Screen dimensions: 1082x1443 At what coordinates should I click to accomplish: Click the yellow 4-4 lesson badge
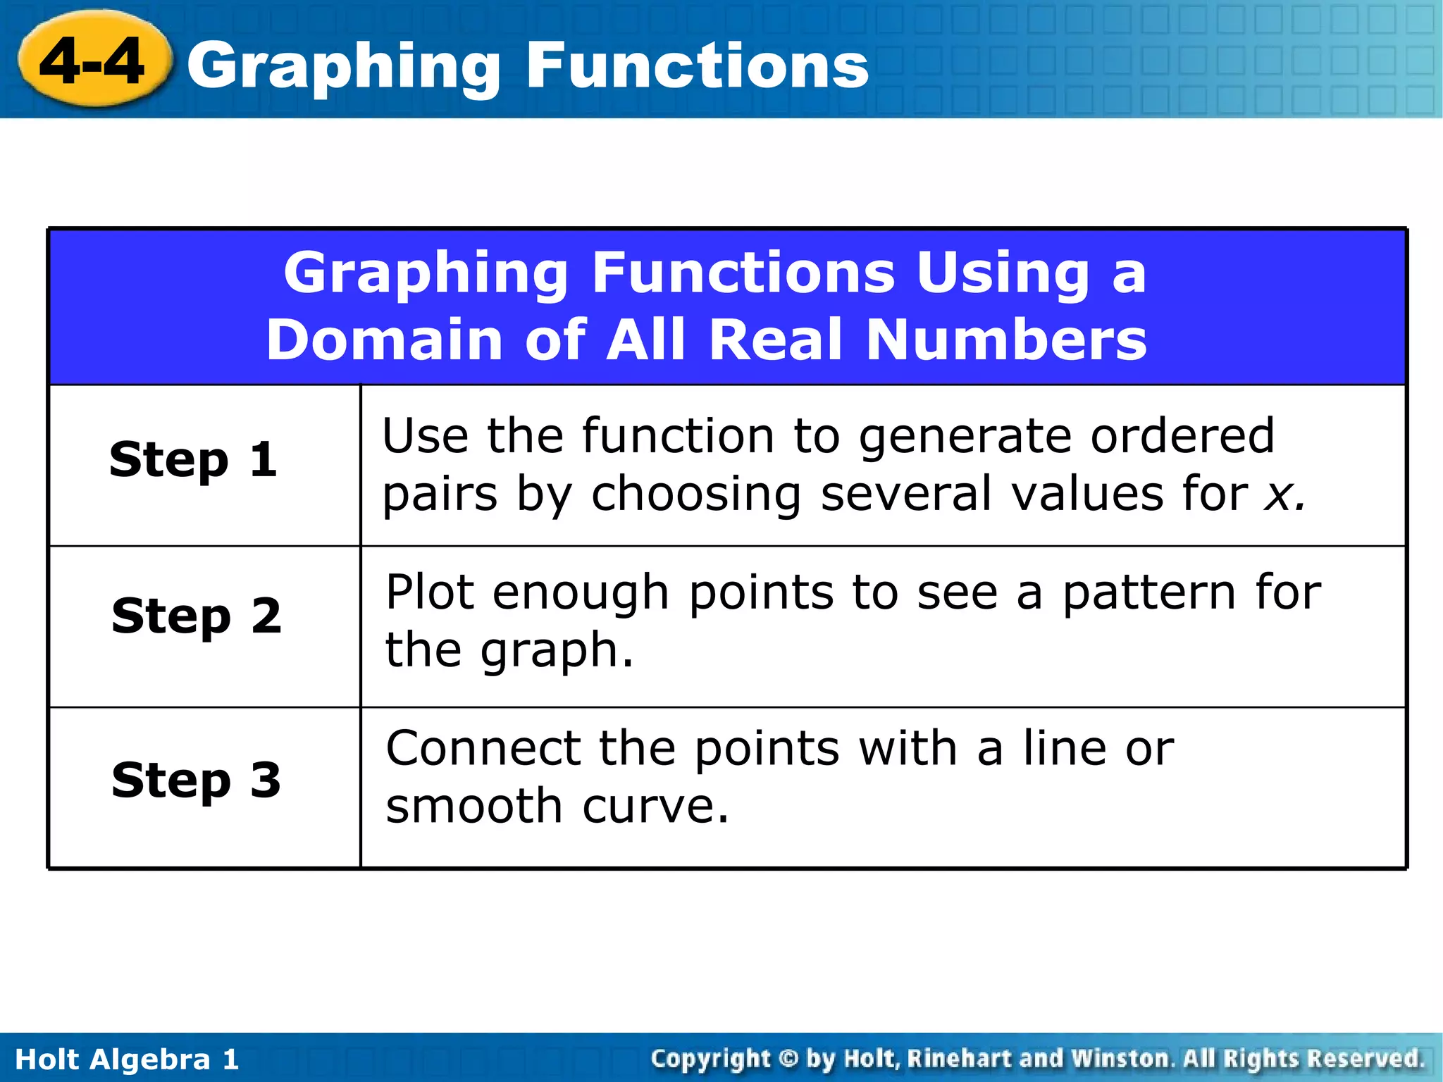point(94,61)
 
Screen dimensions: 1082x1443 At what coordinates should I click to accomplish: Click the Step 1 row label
point(193,460)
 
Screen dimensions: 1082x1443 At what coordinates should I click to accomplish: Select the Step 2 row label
point(197,616)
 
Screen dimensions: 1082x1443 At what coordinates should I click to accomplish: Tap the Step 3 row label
point(196,781)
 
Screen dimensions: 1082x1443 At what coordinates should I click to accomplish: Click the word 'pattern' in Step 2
point(1148,593)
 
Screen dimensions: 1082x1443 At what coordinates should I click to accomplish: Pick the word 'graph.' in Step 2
point(557,651)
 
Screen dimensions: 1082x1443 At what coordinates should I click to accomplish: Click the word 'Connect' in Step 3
point(483,748)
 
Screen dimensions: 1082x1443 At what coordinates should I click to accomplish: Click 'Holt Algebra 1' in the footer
point(127,1059)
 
